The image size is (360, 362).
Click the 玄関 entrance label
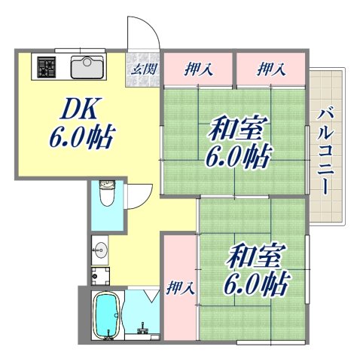(x=142, y=69)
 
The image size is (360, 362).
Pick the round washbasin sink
(x=99, y=248)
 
